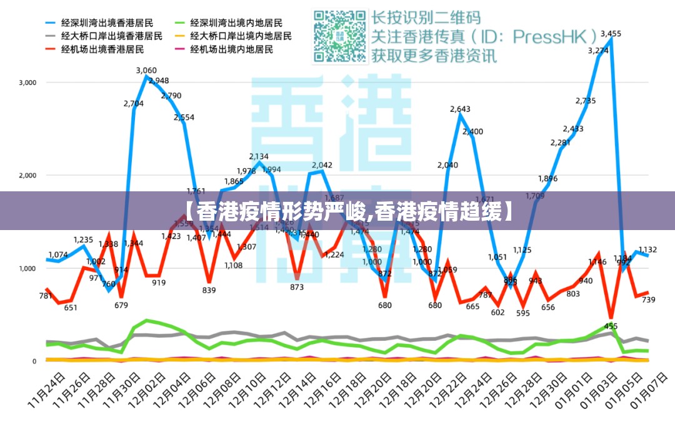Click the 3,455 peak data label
click(x=611, y=34)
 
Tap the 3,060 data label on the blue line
click(x=146, y=70)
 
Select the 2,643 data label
click(x=460, y=109)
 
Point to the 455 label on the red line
click(x=611, y=326)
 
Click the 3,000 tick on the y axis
click(x=27, y=83)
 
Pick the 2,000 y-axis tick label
click(x=27, y=176)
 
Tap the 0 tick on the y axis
click(x=35, y=361)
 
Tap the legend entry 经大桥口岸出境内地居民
click(x=241, y=36)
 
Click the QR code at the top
click(x=340, y=36)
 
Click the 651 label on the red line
click(x=70, y=307)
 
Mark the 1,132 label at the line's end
click(x=648, y=249)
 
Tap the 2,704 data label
click(x=134, y=104)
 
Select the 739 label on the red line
click(x=648, y=300)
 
